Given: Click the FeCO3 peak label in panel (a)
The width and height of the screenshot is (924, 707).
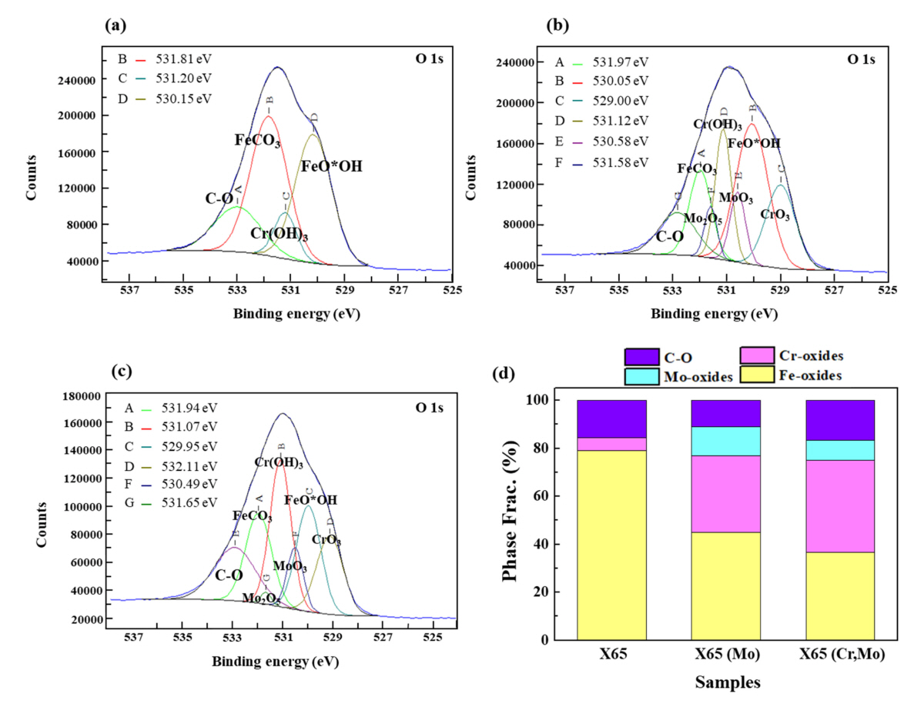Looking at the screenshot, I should point(256,141).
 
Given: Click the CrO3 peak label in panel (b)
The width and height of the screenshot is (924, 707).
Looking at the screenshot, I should point(775,215).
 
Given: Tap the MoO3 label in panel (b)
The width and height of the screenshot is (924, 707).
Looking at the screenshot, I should point(735,198).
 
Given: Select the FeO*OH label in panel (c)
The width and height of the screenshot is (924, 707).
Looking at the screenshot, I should point(310,500).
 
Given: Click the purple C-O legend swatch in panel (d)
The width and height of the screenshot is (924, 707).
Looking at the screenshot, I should point(641,356).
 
